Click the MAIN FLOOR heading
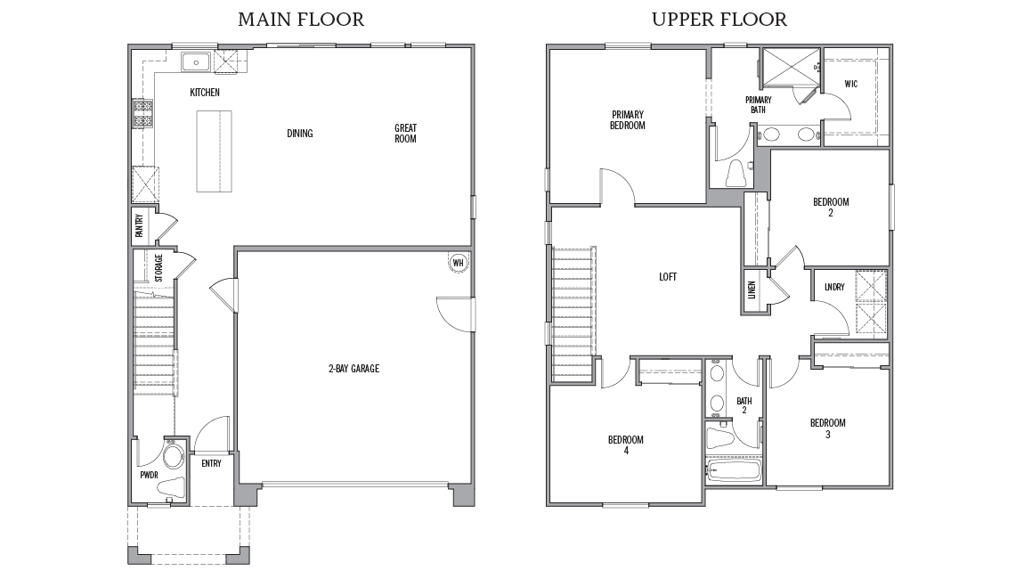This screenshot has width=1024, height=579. coord(301,20)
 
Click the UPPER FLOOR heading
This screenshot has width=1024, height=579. coord(719,20)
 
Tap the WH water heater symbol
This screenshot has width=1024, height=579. coord(458,263)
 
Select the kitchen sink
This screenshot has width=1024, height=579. coord(195,62)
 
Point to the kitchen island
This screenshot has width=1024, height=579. coord(215,151)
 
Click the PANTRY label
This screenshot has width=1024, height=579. coord(139,226)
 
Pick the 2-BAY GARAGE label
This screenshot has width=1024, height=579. coord(354,369)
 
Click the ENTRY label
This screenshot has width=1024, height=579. coord(212,463)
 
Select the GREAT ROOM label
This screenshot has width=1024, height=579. coord(405,134)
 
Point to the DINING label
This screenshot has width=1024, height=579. coord(300,134)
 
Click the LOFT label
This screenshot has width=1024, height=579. coord(668,277)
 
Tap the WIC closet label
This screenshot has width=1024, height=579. coord(851,84)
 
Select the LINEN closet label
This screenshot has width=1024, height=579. coord(752,289)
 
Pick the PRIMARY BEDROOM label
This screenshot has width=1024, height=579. coord(628,119)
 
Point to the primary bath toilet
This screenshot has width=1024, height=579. coord(735,173)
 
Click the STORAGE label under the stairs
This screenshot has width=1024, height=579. coord(159,268)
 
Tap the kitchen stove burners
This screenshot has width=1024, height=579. coord(142,113)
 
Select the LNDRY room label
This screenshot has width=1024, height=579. coord(834,287)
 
